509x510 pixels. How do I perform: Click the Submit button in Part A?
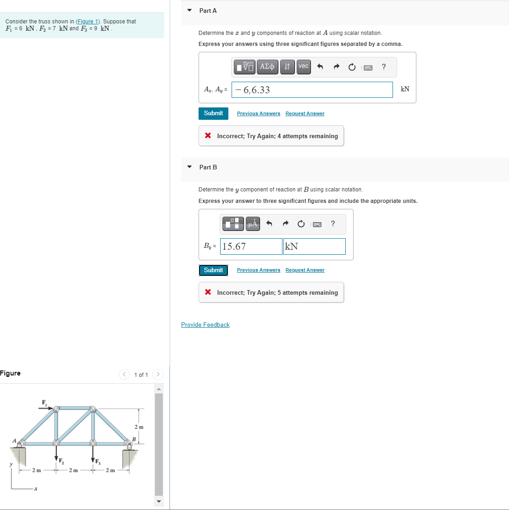point(213,113)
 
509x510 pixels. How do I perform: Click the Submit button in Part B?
point(213,270)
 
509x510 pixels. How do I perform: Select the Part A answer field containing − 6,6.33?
point(312,90)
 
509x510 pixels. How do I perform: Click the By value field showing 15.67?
point(251,247)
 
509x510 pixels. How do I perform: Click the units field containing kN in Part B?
point(314,247)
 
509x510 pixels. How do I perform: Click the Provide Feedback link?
point(205,325)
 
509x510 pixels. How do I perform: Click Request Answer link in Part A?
point(304,113)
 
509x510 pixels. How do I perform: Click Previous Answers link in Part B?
point(258,270)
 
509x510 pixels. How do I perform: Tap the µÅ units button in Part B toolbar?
point(253,224)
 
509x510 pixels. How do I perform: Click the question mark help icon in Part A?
point(383,67)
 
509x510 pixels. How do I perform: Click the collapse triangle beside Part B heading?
point(189,167)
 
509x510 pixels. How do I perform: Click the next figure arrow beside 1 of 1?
point(157,375)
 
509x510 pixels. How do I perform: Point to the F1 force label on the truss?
point(44,403)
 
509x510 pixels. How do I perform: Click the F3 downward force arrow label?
point(98,461)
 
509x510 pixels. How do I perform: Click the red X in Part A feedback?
point(208,136)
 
